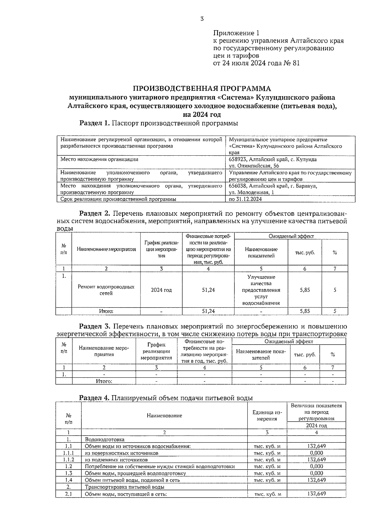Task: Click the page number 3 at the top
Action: point(202,19)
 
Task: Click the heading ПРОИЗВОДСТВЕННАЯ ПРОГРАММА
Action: point(202,88)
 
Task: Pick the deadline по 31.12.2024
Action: point(245,199)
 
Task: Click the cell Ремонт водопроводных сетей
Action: point(106,290)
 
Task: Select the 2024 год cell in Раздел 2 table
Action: point(161,290)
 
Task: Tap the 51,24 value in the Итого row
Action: point(208,311)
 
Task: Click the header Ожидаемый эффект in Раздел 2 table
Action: point(291,236)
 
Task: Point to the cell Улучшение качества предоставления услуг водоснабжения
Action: point(261,290)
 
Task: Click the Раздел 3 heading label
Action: point(95,326)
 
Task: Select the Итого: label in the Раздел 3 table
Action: point(104,381)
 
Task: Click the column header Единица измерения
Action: point(267,416)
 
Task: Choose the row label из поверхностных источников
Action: point(122,453)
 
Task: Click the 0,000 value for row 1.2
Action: point(316,466)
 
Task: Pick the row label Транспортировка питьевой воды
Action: point(124,487)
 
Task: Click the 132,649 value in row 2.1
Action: point(316,494)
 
